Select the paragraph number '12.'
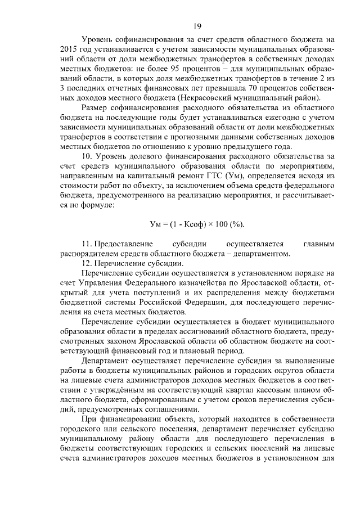[87, 264]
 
